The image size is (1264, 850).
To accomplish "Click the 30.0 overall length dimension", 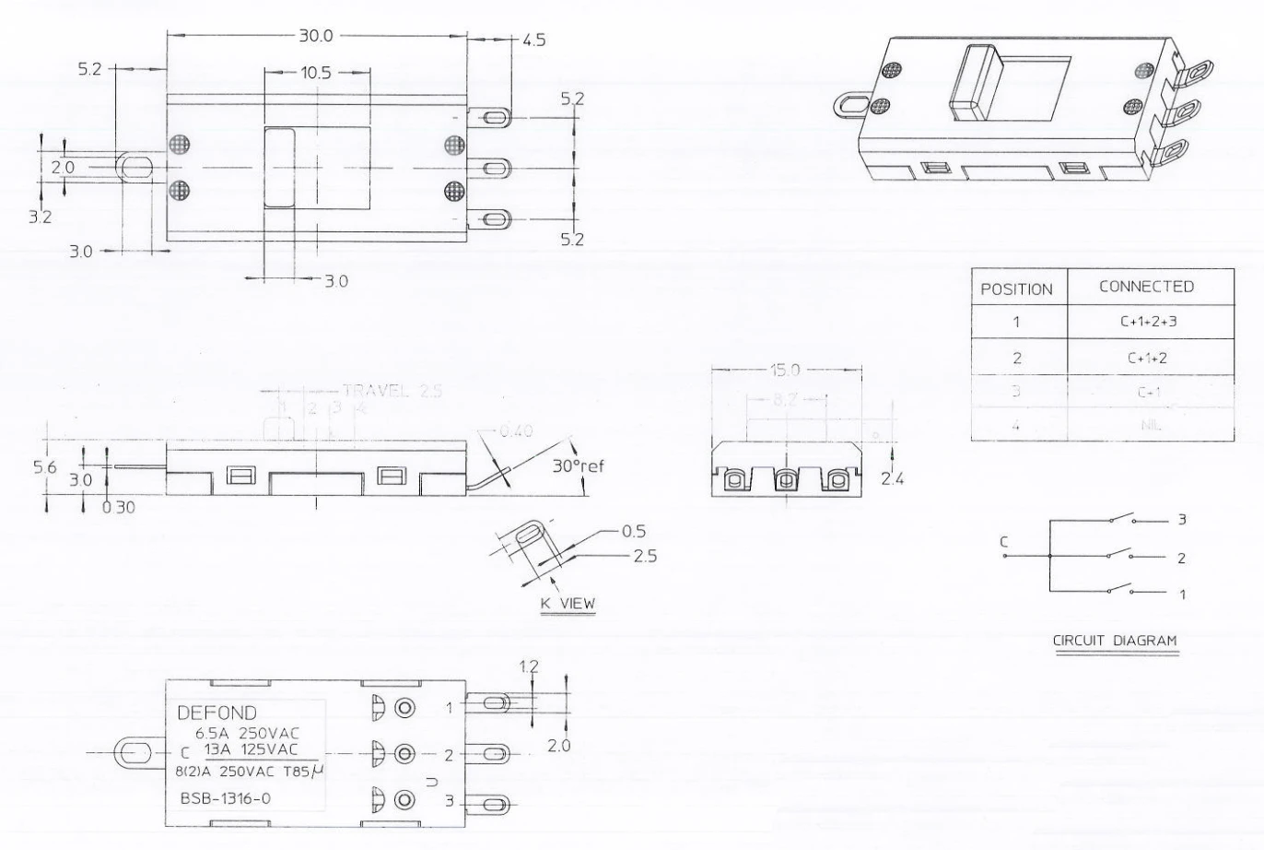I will click(x=315, y=36).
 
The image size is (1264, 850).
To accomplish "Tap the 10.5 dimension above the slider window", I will click(x=315, y=73).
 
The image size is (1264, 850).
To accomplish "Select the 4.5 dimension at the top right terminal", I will click(x=534, y=41).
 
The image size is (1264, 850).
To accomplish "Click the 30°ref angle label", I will click(x=578, y=466).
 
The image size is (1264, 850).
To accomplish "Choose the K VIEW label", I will click(x=568, y=604).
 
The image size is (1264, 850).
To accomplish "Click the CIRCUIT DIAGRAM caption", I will click(x=1115, y=640).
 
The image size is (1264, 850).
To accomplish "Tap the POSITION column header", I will click(x=1016, y=289).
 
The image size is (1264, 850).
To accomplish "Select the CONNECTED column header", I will click(x=1146, y=286).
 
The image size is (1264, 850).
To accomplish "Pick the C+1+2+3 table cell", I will click(x=1147, y=323).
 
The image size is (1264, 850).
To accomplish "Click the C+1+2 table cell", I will click(x=1147, y=358).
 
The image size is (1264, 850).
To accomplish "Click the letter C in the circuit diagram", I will click(x=1004, y=542).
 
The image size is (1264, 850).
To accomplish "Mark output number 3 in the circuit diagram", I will click(x=1182, y=520).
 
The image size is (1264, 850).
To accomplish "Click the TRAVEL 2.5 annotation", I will click(x=392, y=390).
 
